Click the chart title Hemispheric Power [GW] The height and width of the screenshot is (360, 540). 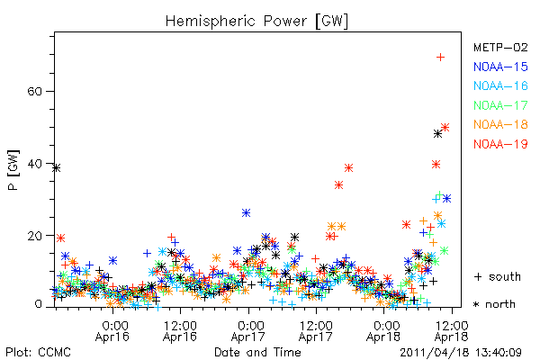[256, 22]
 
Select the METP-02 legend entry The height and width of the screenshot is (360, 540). [500, 47]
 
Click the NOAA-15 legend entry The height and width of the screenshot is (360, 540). [500, 67]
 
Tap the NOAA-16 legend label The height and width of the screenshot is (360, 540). [500, 85]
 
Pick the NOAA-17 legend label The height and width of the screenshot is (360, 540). [500, 105]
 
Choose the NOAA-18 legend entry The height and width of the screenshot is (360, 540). [500, 124]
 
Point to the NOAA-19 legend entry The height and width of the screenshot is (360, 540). [500, 144]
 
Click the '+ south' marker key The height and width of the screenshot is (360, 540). [498, 276]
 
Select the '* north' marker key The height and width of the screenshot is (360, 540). [494, 304]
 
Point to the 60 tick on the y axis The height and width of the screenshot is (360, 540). [34, 92]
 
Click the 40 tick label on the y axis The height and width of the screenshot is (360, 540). [34, 164]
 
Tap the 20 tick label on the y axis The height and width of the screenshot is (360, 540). [34, 236]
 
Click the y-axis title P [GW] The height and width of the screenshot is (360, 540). [13, 170]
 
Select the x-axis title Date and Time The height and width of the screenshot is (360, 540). [257, 353]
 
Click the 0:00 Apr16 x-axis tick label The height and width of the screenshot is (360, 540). [112, 331]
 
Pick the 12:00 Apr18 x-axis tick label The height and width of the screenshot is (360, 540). [452, 331]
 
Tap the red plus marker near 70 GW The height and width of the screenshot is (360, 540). [440, 58]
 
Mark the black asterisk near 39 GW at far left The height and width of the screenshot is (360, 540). [57, 168]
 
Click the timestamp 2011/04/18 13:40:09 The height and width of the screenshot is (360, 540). [461, 353]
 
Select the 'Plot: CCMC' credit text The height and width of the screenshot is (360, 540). [38, 353]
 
